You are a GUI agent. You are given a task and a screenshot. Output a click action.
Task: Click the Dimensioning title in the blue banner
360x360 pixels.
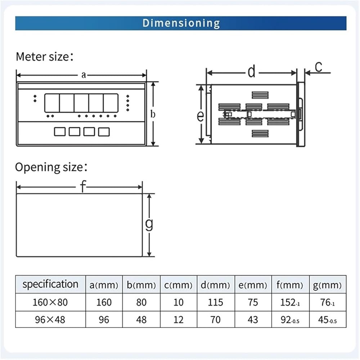[x=181, y=23]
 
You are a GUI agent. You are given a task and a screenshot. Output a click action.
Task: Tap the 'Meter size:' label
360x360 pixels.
[x=45, y=57]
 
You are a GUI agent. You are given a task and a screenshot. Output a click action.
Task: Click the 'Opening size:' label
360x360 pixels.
[x=51, y=167]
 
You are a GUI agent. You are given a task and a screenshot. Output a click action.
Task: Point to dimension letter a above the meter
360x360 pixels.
[x=84, y=75]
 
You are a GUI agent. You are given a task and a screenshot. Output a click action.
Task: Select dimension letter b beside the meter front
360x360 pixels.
[x=153, y=114]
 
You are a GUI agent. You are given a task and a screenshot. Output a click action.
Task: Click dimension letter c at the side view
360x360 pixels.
[x=319, y=67]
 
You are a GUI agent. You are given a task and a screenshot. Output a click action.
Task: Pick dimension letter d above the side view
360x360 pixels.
[x=252, y=71]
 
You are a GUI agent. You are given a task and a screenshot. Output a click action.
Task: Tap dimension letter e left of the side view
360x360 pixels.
[x=200, y=116]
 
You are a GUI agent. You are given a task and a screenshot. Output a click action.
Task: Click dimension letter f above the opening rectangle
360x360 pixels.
[x=83, y=186]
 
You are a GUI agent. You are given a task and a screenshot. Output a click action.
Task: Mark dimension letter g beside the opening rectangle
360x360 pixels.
[x=149, y=224]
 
